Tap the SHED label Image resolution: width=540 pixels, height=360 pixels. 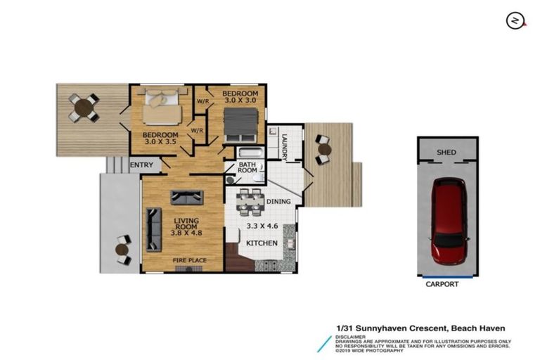coord(447,152)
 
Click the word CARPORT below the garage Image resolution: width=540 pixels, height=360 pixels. coord(442,285)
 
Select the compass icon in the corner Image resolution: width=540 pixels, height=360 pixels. coord(516,20)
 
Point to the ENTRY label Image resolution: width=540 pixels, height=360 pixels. coord(141,165)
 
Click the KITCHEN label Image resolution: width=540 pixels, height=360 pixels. coord(262,243)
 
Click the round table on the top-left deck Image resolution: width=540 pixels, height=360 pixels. coord(84,108)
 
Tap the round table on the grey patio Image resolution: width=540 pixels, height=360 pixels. coord(122,249)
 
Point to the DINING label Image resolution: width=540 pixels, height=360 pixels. coord(280,202)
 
